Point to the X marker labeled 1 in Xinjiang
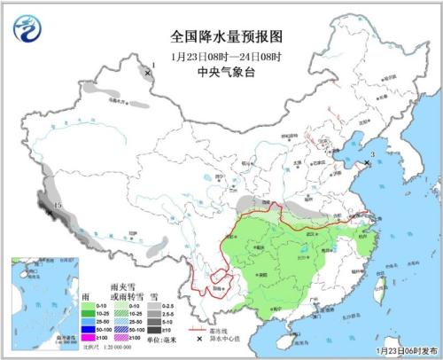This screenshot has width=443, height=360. click(147, 74)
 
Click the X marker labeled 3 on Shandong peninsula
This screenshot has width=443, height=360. click(367, 163)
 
